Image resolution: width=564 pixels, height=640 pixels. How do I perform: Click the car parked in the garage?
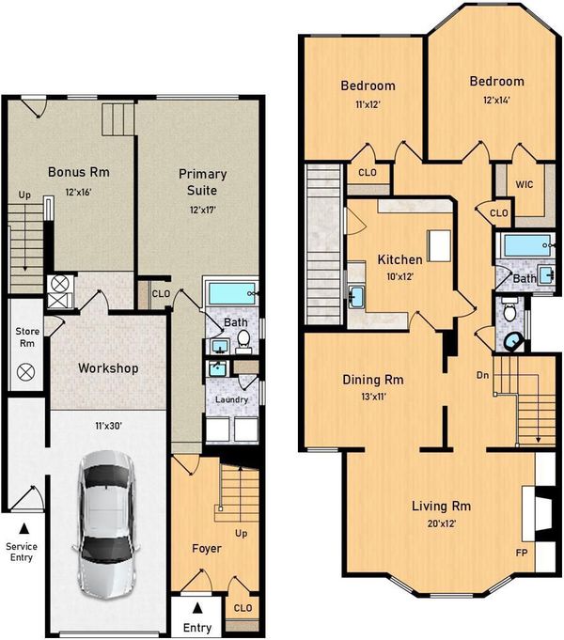[107, 525]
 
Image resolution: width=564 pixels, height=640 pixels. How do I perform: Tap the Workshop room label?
[108, 368]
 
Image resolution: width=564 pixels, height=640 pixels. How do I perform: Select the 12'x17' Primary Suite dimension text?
[203, 211]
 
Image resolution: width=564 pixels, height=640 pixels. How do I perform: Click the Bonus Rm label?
[79, 172]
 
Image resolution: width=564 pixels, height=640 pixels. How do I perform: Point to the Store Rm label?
[27, 337]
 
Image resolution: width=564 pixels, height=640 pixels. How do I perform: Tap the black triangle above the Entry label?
[197, 608]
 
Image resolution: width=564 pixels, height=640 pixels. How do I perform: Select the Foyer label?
[207, 549]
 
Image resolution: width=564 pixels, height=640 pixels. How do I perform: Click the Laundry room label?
[231, 399]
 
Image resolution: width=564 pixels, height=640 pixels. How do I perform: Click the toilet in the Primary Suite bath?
[243, 342]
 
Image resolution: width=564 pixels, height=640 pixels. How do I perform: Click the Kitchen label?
[400, 259]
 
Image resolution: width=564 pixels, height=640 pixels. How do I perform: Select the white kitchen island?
[439, 245]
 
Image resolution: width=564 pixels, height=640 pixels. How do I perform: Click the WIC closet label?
[525, 184]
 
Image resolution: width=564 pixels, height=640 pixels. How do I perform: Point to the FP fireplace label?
[522, 553]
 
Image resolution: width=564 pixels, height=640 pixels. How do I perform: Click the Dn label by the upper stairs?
[483, 375]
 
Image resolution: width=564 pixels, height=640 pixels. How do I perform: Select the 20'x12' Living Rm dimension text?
[442, 523]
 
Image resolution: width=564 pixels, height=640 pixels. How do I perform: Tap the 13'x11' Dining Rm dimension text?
[373, 396]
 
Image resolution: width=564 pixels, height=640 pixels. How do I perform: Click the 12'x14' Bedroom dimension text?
[496, 100]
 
